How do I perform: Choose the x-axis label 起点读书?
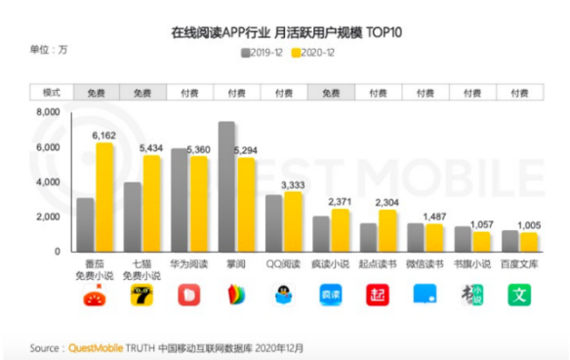pos(378,263)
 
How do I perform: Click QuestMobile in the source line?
pos(96,346)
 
